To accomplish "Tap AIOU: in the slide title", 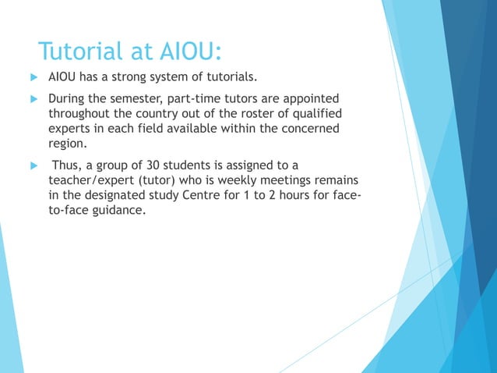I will click(188, 52).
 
